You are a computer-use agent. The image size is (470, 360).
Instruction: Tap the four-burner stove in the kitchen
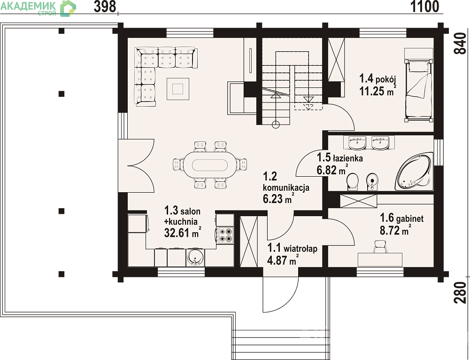[225, 235]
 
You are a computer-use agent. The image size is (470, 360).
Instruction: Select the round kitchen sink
[195, 258]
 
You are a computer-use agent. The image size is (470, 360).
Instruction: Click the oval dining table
[210, 164]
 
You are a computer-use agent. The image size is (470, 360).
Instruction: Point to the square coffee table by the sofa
[178, 89]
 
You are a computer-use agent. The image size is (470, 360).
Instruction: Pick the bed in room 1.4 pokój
[418, 90]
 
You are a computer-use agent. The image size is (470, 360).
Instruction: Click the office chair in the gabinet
[379, 247]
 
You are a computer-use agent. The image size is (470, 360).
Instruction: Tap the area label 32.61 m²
[183, 233]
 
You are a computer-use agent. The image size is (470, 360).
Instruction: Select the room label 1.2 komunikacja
[285, 182]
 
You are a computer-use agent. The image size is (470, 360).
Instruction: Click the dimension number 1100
[424, 7]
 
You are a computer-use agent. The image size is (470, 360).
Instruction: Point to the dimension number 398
[105, 7]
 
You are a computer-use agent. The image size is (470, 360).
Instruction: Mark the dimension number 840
[461, 43]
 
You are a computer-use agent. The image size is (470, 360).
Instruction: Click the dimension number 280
[461, 293]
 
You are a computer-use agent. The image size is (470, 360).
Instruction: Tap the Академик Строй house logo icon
[68, 8]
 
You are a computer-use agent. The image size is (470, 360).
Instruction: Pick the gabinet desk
[380, 259]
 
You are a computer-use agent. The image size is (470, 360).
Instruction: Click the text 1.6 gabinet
[401, 218]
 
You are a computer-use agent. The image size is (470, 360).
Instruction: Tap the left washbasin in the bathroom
[357, 143]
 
